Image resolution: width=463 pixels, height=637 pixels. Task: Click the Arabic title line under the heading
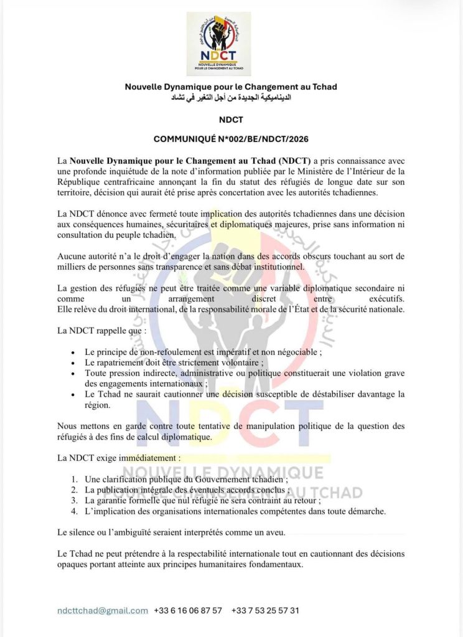231,98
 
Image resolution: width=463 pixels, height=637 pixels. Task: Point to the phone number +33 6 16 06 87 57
188,610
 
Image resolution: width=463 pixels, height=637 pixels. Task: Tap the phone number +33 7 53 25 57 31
265,610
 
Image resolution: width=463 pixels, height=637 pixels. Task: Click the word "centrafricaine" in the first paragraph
126,182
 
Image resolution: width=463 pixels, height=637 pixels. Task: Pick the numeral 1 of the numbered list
74,480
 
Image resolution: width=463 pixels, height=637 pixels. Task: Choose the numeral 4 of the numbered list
74,511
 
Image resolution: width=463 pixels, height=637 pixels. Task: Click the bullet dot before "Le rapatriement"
74,362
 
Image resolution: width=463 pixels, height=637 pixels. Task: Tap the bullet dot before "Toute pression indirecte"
74,372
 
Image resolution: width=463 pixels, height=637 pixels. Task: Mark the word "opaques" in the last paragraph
74,565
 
